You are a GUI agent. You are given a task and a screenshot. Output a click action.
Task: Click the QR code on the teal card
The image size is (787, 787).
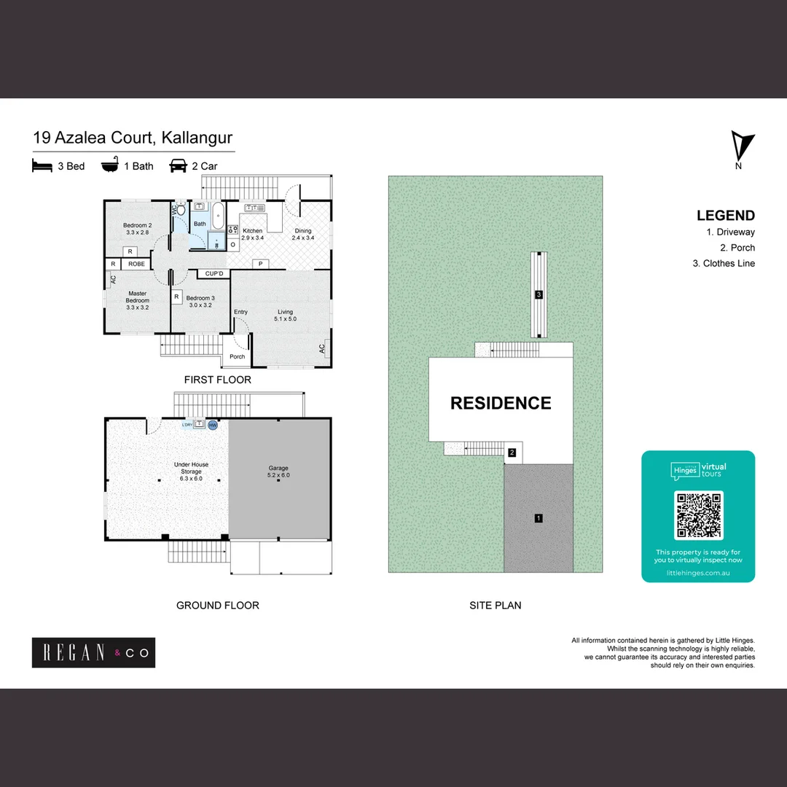pyautogui.click(x=699, y=514)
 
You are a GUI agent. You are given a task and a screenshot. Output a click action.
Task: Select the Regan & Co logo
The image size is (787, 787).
pyautogui.click(x=93, y=653)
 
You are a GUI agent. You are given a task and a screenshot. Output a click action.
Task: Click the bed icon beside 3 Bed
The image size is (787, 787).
pyautogui.click(x=42, y=166)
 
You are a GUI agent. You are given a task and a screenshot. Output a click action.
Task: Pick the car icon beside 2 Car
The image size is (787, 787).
pyautogui.click(x=178, y=166)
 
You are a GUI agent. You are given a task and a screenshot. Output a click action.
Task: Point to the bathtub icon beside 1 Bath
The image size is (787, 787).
pyautogui.click(x=110, y=165)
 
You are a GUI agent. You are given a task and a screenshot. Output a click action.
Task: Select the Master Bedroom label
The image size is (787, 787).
pyautogui.click(x=137, y=300)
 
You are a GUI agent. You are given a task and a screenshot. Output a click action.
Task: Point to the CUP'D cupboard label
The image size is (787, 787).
pyautogui.click(x=214, y=274)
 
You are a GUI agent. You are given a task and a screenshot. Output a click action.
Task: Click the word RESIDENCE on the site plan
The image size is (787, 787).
pyautogui.click(x=501, y=403)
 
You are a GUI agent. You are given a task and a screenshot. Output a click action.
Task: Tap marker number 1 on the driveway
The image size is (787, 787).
pyautogui.click(x=538, y=519)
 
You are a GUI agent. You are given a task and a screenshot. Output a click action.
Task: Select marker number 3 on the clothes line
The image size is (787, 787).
pyautogui.click(x=539, y=294)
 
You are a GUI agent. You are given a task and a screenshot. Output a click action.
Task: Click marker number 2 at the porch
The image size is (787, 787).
pyautogui.click(x=512, y=453)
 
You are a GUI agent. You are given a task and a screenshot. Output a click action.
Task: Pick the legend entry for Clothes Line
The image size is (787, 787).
pyautogui.click(x=724, y=264)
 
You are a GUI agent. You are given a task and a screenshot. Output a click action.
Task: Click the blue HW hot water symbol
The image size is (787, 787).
pyautogui.click(x=213, y=425)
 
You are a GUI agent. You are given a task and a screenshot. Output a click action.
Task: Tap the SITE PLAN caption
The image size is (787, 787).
pyautogui.click(x=496, y=605)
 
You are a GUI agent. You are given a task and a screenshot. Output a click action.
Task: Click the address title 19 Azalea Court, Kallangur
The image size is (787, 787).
pyautogui.click(x=133, y=138)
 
